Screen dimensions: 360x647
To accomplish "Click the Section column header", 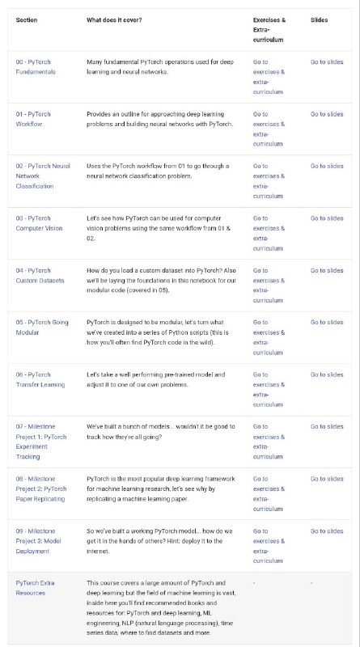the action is [27, 19].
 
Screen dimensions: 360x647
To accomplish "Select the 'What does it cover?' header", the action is [114, 19].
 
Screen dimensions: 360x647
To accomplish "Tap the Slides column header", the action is [319, 19].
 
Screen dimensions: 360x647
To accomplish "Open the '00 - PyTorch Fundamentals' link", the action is [36, 66].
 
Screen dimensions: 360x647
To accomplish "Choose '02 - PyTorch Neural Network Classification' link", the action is [42, 175].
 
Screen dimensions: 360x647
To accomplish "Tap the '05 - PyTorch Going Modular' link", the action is [42, 328].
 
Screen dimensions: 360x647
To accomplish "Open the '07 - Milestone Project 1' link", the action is [41, 437].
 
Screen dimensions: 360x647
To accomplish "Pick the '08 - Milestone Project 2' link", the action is [41, 488].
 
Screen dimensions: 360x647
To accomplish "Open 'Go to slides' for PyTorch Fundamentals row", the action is [327, 61].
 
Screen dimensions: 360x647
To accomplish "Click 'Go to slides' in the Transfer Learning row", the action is [327, 374].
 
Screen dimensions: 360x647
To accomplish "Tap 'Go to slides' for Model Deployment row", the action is [327, 531].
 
